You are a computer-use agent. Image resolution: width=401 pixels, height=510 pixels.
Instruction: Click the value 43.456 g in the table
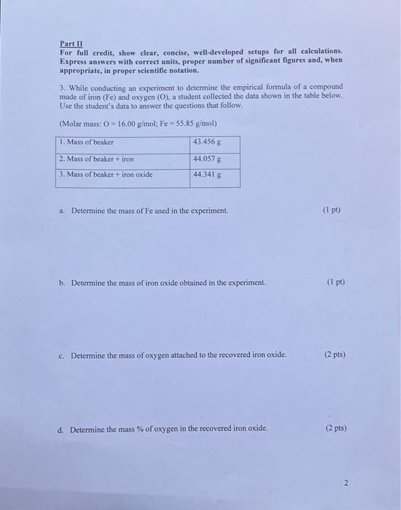207,141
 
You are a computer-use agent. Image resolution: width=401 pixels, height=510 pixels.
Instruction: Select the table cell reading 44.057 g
207,158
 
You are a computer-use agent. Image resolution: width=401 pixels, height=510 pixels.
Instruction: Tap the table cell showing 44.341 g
207,175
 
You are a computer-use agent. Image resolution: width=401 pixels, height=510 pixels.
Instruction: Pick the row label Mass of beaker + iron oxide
110,175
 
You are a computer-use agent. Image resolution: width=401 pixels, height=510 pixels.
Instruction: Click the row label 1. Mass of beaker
87,141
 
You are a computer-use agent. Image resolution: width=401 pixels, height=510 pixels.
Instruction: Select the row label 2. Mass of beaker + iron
97,158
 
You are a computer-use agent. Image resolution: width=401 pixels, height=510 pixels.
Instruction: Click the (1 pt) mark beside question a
331,211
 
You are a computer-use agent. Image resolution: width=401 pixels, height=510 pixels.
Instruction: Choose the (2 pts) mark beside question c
335,355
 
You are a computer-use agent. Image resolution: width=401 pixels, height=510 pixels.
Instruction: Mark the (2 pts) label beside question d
335,428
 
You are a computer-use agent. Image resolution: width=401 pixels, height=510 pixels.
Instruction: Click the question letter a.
63,211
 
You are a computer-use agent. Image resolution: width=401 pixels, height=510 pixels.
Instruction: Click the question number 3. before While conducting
62,87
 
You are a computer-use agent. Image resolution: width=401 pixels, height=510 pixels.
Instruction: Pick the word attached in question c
184,356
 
